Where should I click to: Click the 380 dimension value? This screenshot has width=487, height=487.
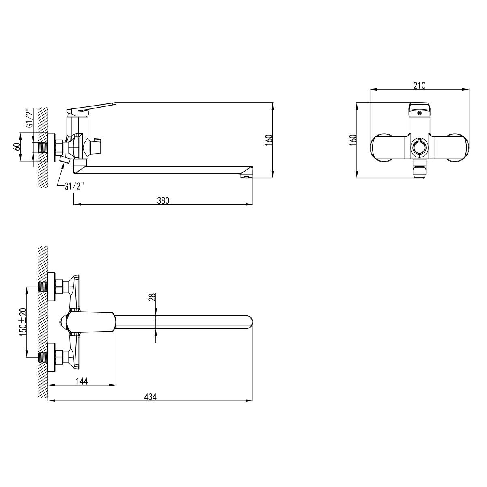(163, 200)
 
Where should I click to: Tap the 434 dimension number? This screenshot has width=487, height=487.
(151, 397)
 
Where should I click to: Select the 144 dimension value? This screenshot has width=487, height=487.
(82, 381)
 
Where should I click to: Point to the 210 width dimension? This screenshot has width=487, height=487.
(420, 86)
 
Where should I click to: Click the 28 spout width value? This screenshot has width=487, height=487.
(152, 297)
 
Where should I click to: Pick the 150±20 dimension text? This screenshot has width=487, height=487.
(23, 322)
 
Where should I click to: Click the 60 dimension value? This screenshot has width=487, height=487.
(17, 147)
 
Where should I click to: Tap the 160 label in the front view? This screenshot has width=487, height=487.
(353, 140)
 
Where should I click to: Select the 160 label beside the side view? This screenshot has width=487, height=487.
(269, 140)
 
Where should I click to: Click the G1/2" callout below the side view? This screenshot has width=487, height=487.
(74, 187)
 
